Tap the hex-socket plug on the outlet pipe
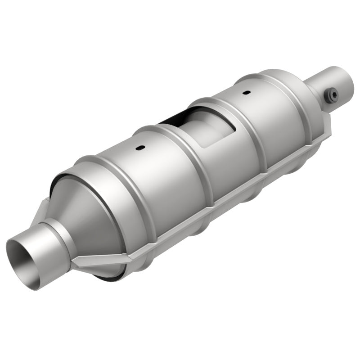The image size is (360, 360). pyautogui.click(x=332, y=95)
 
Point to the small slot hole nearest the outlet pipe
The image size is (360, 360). pyautogui.click(x=246, y=93)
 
